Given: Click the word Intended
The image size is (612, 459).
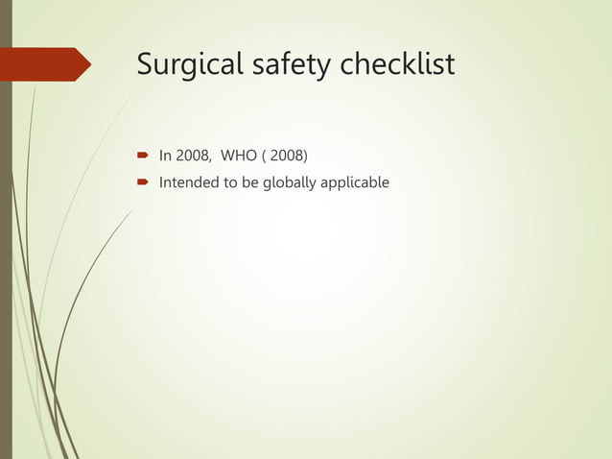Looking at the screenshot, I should (190, 181).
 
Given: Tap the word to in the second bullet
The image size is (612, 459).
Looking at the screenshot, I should (231, 181).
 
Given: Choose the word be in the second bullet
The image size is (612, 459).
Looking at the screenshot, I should (250, 181).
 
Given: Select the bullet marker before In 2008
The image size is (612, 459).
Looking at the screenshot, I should (141, 155).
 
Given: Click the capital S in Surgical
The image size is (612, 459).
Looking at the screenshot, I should (146, 64).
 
